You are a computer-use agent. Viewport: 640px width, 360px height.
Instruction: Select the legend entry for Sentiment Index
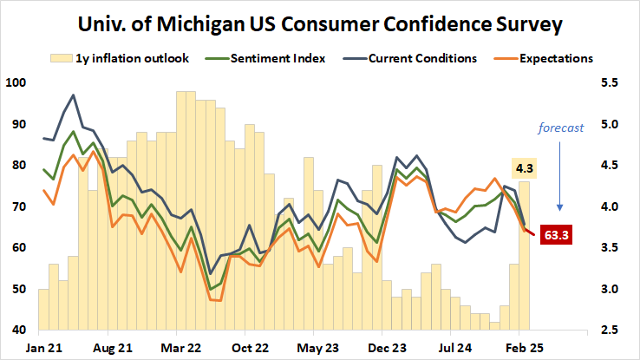[278, 59]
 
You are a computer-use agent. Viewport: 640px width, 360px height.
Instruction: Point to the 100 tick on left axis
[16, 83]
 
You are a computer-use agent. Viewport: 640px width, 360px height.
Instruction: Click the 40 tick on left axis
[18, 331]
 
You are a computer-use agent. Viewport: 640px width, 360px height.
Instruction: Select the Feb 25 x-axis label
[519, 345]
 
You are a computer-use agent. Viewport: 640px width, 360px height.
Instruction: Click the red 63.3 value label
[557, 234]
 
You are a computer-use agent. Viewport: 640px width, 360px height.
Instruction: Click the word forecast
[560, 127]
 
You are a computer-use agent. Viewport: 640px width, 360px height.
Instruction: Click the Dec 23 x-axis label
[382, 345]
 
